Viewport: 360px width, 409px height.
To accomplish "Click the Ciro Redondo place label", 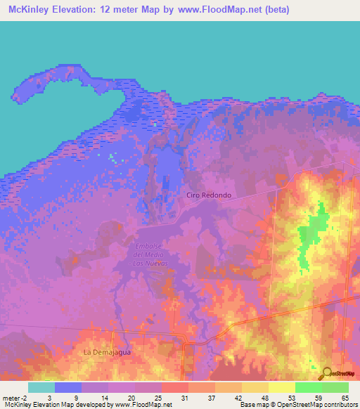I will pyautogui.click(x=209, y=195).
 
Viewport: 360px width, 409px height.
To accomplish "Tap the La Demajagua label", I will pyautogui.click(x=108, y=351).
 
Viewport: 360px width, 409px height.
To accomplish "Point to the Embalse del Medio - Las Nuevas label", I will pyautogui.click(x=149, y=254).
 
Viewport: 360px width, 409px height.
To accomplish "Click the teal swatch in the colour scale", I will pyautogui.click(x=41, y=387).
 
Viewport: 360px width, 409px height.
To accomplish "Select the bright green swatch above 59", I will pyautogui.click(x=308, y=387).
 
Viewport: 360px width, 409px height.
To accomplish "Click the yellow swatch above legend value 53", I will pyautogui.click(x=281, y=387).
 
